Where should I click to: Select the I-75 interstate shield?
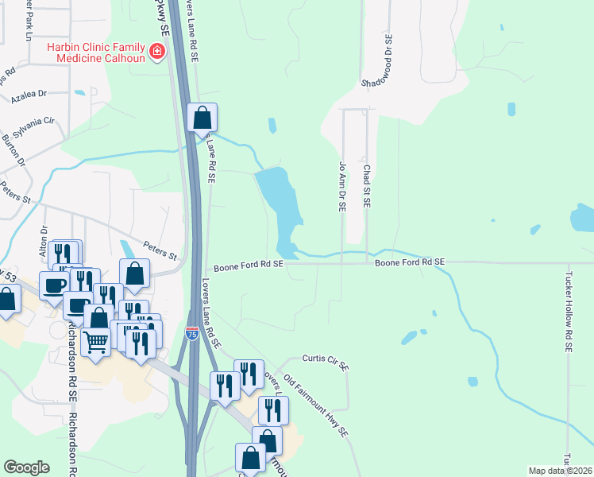(x=192, y=334)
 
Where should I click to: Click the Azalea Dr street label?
(x=29, y=95)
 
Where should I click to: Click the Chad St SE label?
(x=367, y=185)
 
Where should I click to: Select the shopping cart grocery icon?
(x=95, y=342)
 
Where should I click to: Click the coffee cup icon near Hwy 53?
(x=54, y=285)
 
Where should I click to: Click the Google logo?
(x=26, y=467)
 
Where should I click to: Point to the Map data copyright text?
(x=561, y=470)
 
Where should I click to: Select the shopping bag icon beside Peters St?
(x=135, y=273)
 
